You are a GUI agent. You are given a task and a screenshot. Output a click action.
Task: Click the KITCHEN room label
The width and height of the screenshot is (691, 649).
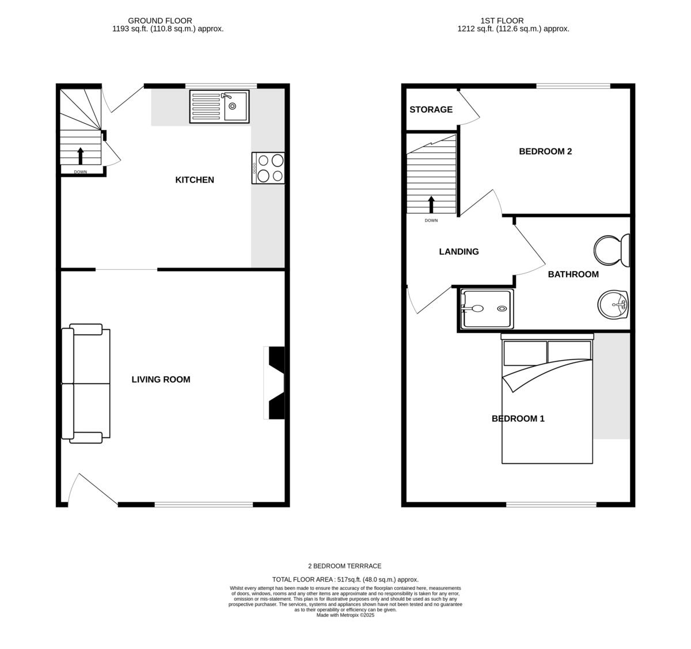click(x=195, y=180)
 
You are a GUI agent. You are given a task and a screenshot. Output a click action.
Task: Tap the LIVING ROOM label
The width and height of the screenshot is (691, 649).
click(x=161, y=380)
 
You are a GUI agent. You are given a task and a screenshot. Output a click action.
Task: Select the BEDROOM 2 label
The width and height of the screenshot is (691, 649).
click(x=545, y=152)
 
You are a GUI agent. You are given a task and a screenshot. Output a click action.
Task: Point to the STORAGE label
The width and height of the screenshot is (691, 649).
click(x=431, y=110)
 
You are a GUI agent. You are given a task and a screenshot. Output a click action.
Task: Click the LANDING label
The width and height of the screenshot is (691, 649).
click(x=459, y=252)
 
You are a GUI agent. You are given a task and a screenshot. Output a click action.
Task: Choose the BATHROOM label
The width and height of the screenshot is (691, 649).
click(x=573, y=274)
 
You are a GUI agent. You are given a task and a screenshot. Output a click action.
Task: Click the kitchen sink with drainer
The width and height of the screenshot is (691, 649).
click(x=219, y=106)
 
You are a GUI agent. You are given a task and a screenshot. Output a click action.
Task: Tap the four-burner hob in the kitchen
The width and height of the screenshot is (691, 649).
click(x=268, y=168)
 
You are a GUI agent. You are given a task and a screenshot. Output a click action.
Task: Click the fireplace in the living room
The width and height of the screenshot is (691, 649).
click(x=275, y=383)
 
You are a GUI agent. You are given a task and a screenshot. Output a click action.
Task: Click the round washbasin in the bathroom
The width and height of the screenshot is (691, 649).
click(x=613, y=304)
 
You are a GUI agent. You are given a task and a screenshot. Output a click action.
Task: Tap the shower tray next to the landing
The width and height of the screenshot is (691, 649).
click(x=486, y=309)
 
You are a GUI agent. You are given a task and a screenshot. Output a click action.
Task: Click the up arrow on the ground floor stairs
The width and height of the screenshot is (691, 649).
click(x=80, y=156)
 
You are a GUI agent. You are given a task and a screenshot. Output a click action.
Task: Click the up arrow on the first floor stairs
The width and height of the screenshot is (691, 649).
click(x=431, y=204)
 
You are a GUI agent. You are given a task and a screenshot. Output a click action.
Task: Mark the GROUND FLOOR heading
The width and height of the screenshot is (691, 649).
click(x=160, y=21)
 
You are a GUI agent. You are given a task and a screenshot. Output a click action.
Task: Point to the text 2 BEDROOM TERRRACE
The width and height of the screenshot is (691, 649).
click(x=345, y=566)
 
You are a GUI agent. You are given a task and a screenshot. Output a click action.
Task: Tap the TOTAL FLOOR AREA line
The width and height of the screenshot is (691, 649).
click(x=345, y=580)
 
